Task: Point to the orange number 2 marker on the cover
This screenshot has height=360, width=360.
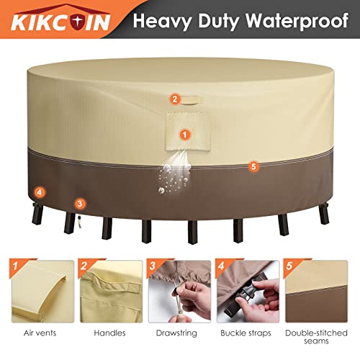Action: click(x=174, y=99)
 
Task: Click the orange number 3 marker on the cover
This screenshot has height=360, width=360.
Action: click(x=79, y=204)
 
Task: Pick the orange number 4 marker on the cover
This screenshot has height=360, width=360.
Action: click(x=39, y=192)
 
